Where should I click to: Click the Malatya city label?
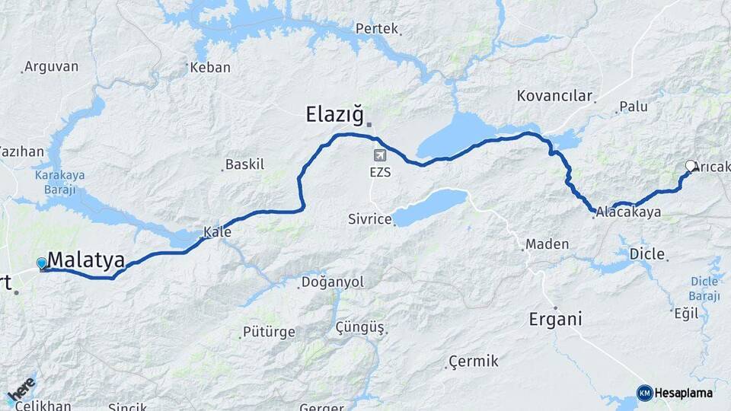pyautogui.click(x=86, y=260)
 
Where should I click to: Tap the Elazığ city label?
pyautogui.click(x=334, y=115)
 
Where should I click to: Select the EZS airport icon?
pyautogui.click(x=380, y=155)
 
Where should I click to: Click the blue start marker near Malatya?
pyautogui.click(x=42, y=263)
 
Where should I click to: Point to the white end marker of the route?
pyautogui.click(x=691, y=166)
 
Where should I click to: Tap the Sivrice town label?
pyautogui.click(x=369, y=219)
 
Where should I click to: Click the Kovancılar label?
pyautogui.click(x=554, y=96)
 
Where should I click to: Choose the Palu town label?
pyautogui.click(x=634, y=107)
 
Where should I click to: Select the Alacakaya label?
pyautogui.click(x=628, y=212)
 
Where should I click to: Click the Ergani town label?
pyautogui.click(x=555, y=319)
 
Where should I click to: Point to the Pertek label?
pyautogui.click(x=377, y=29)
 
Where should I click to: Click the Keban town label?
pyautogui.click(x=210, y=67)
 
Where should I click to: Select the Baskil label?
pyautogui.click(x=245, y=164)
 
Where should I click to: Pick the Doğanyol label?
pyautogui.click(x=333, y=282)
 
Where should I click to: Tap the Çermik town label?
pyautogui.click(x=473, y=361)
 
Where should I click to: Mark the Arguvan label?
pyautogui.click(x=51, y=66)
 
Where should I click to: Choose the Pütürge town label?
pyautogui.click(x=268, y=332)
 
